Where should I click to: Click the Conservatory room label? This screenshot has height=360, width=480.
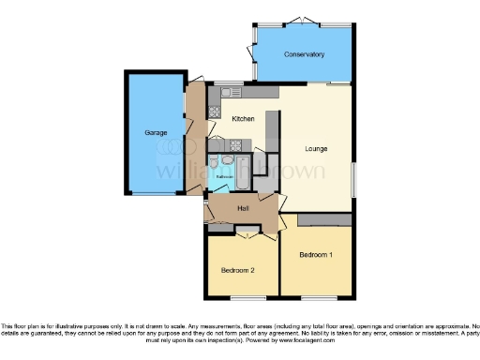pos(305,54)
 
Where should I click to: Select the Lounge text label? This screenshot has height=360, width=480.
pos(316,148)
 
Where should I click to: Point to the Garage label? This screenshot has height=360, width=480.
pos(156,133)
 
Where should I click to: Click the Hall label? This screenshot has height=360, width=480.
pos(243,207)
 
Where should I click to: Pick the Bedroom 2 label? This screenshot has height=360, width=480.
pos(237,270)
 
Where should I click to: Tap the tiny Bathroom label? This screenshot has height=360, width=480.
pos(225,175)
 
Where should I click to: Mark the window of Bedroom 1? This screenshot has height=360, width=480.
pos(317,298)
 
